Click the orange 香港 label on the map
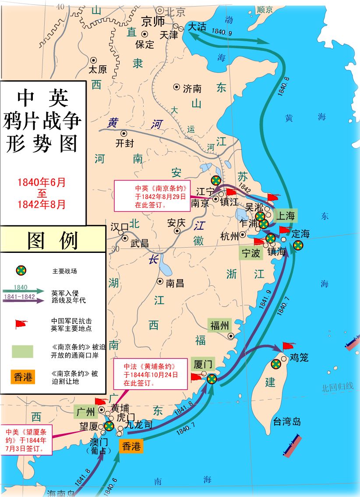131,446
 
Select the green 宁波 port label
251,253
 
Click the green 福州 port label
219,325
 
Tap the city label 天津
169,34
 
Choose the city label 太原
97,69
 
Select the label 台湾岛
287,422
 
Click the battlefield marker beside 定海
298,245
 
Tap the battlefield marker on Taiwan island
276,364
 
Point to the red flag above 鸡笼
289,346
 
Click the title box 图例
53,240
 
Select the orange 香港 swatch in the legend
23,376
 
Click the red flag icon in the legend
21,324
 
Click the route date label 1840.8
283,86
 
